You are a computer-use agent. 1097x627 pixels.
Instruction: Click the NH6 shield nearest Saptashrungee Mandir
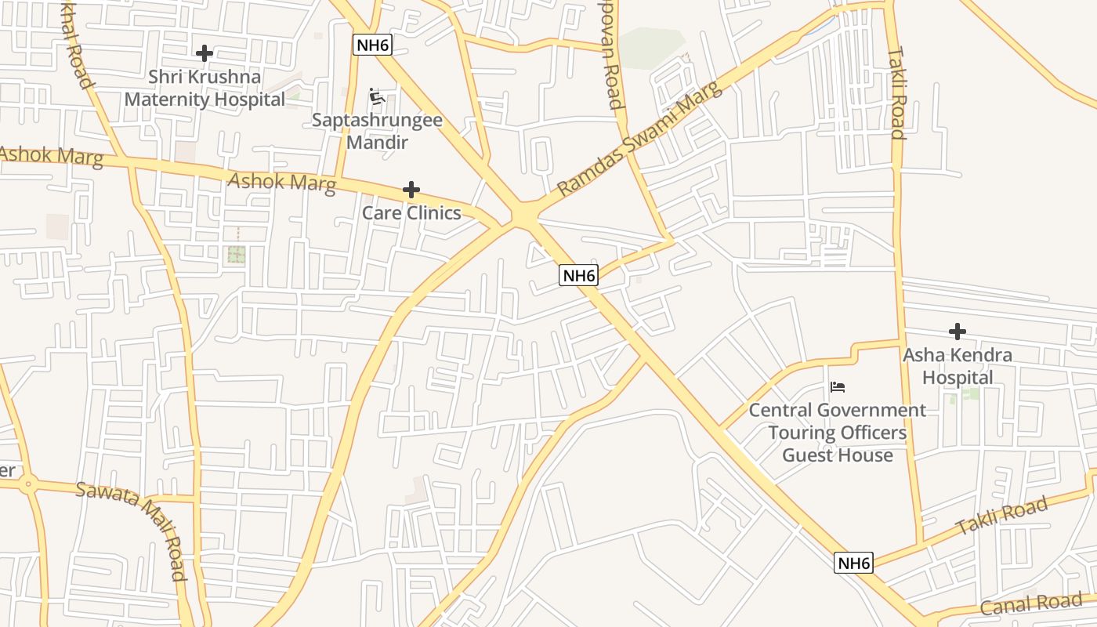(372, 45)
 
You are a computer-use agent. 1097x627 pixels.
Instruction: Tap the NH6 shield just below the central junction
(579, 275)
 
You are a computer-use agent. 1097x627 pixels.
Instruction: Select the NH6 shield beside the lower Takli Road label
(853, 563)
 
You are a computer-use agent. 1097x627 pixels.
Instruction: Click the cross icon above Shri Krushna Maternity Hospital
(205, 53)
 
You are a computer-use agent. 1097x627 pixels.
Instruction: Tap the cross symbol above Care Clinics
(411, 190)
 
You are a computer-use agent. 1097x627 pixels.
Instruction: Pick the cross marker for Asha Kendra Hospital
(957, 332)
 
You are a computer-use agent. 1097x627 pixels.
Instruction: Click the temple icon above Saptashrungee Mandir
(377, 96)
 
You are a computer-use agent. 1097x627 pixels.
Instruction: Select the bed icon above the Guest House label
(838, 386)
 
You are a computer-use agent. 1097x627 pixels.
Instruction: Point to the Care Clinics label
(411, 213)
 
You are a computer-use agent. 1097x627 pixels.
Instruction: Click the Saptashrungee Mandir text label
(377, 131)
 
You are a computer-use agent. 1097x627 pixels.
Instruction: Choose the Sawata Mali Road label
(132, 531)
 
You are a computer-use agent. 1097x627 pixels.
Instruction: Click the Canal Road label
(1031, 604)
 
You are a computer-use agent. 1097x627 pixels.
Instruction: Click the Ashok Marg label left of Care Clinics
(282, 183)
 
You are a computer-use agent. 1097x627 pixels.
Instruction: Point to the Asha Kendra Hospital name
(957, 366)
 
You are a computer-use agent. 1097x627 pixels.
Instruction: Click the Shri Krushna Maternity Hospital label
(205, 89)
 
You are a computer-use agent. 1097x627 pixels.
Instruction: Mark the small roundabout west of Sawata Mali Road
(29, 484)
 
